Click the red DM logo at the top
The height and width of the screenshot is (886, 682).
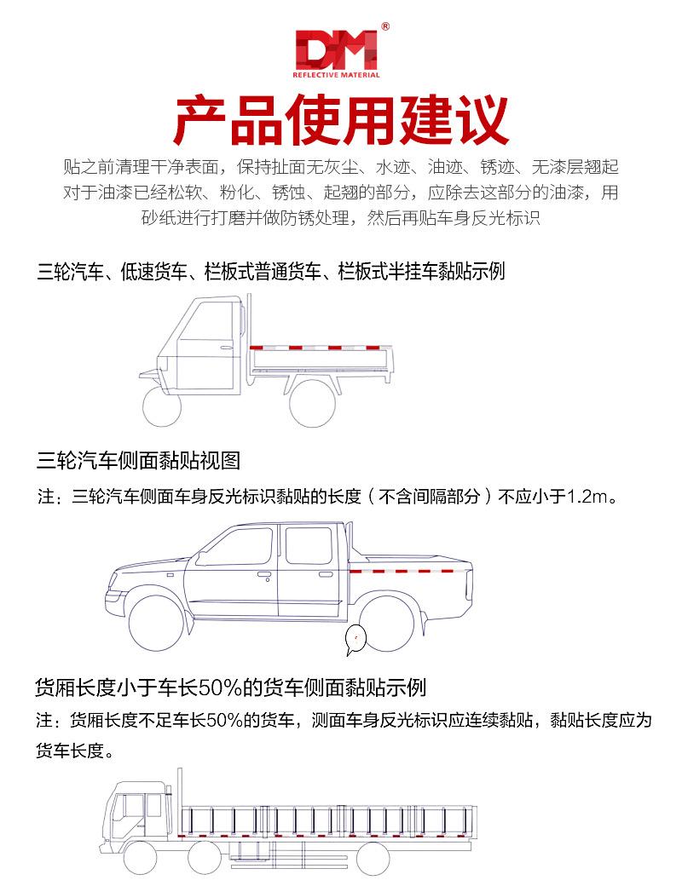coord(335,50)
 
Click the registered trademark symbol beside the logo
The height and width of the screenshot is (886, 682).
coord(385,27)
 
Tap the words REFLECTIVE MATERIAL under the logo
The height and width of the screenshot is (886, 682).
coord(336,75)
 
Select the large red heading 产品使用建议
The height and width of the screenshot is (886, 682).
coord(341,121)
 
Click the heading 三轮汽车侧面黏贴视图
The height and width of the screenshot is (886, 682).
coord(139,461)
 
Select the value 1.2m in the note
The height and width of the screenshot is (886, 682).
coord(590,496)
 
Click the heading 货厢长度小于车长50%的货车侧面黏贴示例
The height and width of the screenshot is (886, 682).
coord(230,687)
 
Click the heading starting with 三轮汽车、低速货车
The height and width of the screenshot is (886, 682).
coord(271,272)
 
